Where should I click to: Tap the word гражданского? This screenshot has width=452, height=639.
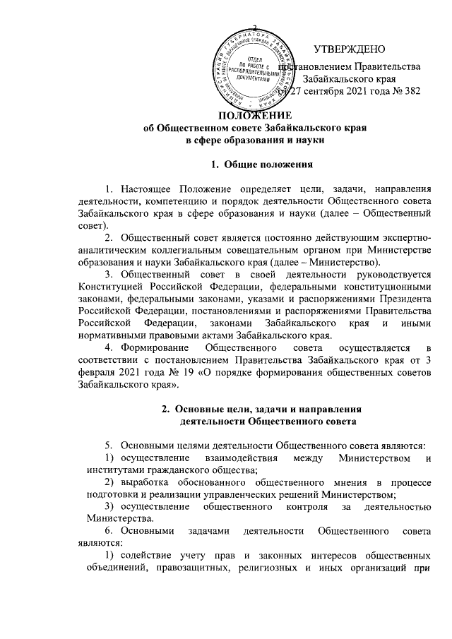(x=160, y=471)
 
